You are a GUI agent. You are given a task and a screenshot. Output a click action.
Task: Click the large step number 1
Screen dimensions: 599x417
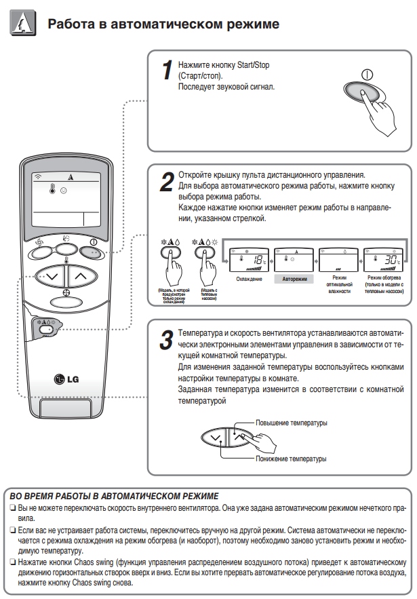(x=166, y=70)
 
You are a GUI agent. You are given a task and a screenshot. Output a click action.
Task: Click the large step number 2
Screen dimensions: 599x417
(x=166, y=182)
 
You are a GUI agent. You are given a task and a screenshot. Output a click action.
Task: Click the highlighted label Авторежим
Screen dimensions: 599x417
(x=294, y=279)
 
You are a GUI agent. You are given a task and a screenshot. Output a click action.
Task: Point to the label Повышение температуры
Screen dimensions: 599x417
(x=292, y=423)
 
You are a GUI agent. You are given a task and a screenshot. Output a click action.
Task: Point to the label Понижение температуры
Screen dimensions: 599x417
(x=292, y=459)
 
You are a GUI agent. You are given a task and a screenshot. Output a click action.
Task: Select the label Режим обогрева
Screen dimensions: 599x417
(x=384, y=278)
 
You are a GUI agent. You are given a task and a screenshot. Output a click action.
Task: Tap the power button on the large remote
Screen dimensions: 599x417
(x=92, y=252)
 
